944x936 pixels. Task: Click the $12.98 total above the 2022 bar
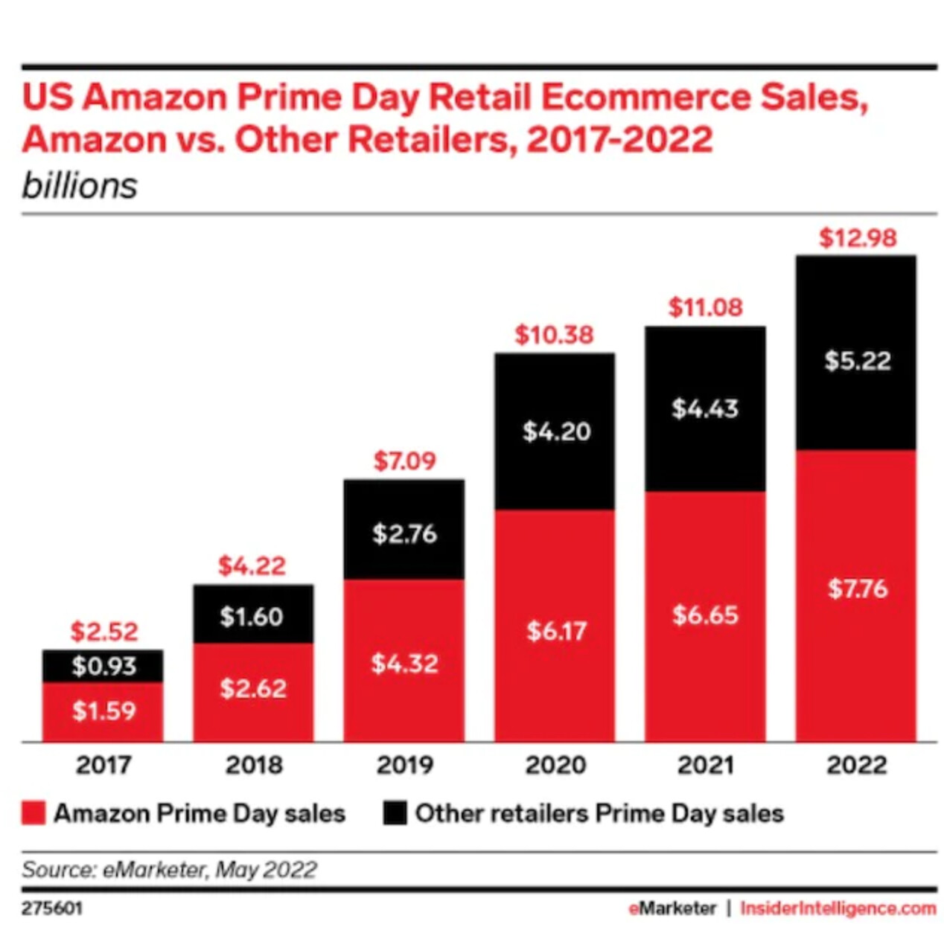point(858,238)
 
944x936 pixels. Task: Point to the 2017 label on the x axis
point(103,765)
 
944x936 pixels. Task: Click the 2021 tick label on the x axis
point(705,765)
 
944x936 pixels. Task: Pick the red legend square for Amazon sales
point(34,813)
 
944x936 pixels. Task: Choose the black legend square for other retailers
point(395,813)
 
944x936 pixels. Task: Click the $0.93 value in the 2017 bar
point(103,666)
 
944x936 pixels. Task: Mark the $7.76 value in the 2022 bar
point(858,589)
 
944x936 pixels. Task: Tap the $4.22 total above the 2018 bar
point(252,565)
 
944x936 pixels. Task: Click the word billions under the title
point(80,186)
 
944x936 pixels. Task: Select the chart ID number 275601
point(52,908)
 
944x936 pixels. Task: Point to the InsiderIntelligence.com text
point(838,908)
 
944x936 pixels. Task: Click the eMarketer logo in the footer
point(672,908)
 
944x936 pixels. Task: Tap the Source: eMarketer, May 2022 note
point(170,870)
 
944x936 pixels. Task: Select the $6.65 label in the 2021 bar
point(705,615)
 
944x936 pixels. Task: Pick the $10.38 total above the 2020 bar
point(555,335)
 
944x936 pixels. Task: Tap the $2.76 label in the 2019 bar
point(404,533)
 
